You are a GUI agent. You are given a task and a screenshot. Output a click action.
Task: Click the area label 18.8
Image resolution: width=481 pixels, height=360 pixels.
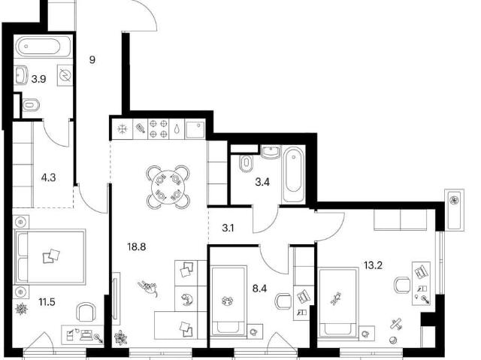[137, 247]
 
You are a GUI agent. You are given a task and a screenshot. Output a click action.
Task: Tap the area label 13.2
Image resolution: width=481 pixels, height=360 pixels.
[373, 265]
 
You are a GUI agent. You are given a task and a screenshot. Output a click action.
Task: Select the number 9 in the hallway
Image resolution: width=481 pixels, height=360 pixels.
[92, 60]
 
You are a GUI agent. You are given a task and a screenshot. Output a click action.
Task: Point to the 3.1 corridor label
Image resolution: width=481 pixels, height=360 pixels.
[228, 228]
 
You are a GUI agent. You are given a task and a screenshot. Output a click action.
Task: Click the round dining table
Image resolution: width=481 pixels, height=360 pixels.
[168, 187]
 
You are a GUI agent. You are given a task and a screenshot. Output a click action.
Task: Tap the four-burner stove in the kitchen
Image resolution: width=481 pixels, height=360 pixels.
[159, 129]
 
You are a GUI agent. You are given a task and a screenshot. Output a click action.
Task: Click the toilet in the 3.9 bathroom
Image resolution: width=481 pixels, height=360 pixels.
[31, 105]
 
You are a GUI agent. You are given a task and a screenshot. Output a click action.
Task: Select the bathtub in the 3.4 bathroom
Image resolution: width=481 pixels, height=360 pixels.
[294, 175]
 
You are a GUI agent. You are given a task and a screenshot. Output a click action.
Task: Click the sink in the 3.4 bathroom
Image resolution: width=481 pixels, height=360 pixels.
[271, 152]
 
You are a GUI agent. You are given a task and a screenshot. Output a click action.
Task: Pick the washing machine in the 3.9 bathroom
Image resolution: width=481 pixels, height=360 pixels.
[65, 75]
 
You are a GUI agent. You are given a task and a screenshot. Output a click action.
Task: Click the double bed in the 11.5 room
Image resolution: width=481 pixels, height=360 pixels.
[50, 256]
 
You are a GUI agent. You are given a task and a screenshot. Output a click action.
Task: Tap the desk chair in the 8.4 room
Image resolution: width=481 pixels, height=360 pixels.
[283, 301]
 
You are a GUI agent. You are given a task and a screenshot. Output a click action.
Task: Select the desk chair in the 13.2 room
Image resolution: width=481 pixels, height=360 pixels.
[402, 285]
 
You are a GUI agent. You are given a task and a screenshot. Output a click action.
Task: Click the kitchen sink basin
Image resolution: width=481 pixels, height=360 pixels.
[195, 129]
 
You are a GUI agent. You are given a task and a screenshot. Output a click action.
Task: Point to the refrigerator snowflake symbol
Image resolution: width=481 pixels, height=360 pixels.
[122, 129]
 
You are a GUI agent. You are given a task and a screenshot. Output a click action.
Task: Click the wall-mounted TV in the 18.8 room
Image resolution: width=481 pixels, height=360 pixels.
[116, 298]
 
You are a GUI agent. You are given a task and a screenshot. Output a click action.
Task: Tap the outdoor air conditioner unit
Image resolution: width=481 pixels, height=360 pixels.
[454, 210]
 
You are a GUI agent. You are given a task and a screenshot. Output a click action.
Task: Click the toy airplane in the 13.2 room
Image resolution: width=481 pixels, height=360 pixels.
[396, 324]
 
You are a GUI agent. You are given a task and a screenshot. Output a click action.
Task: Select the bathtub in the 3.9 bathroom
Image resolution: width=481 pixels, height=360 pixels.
[44, 47]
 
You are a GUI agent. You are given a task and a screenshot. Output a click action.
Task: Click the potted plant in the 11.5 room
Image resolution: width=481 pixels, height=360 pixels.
[22, 309]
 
